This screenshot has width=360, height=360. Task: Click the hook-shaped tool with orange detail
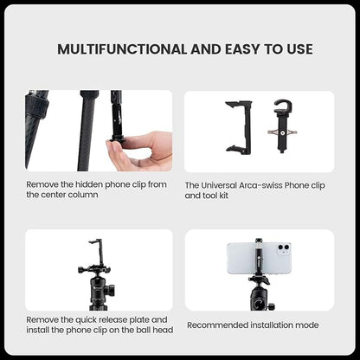(282, 122)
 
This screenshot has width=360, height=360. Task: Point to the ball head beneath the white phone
(260, 293)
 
